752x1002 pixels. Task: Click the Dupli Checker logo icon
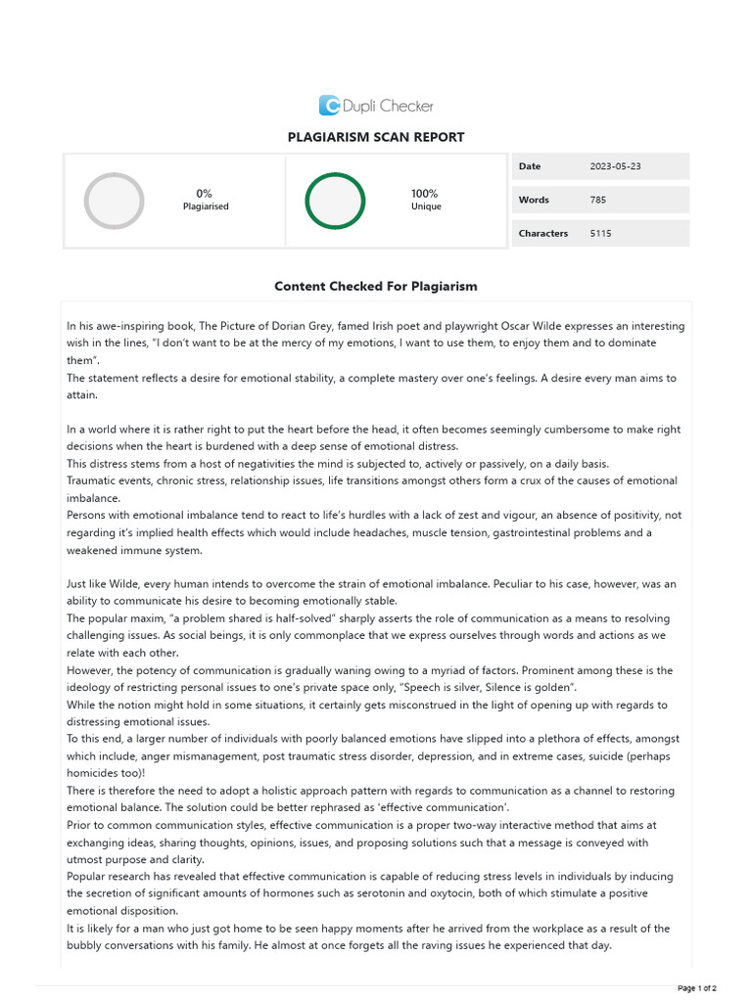point(330,106)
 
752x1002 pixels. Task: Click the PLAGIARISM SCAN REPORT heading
point(376,137)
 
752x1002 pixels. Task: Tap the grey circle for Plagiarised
point(114,201)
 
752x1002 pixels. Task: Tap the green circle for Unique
point(335,201)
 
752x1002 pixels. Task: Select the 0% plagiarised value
point(205,194)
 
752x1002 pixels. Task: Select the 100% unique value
point(425,194)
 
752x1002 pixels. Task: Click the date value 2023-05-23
point(616,166)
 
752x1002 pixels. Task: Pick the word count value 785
point(598,200)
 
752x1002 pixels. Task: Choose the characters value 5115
point(601,233)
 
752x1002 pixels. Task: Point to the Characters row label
point(543,233)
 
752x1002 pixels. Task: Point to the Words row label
point(534,200)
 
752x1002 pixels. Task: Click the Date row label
point(530,166)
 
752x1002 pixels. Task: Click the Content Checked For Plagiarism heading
point(376,287)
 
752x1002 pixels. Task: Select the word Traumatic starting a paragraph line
point(91,480)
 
